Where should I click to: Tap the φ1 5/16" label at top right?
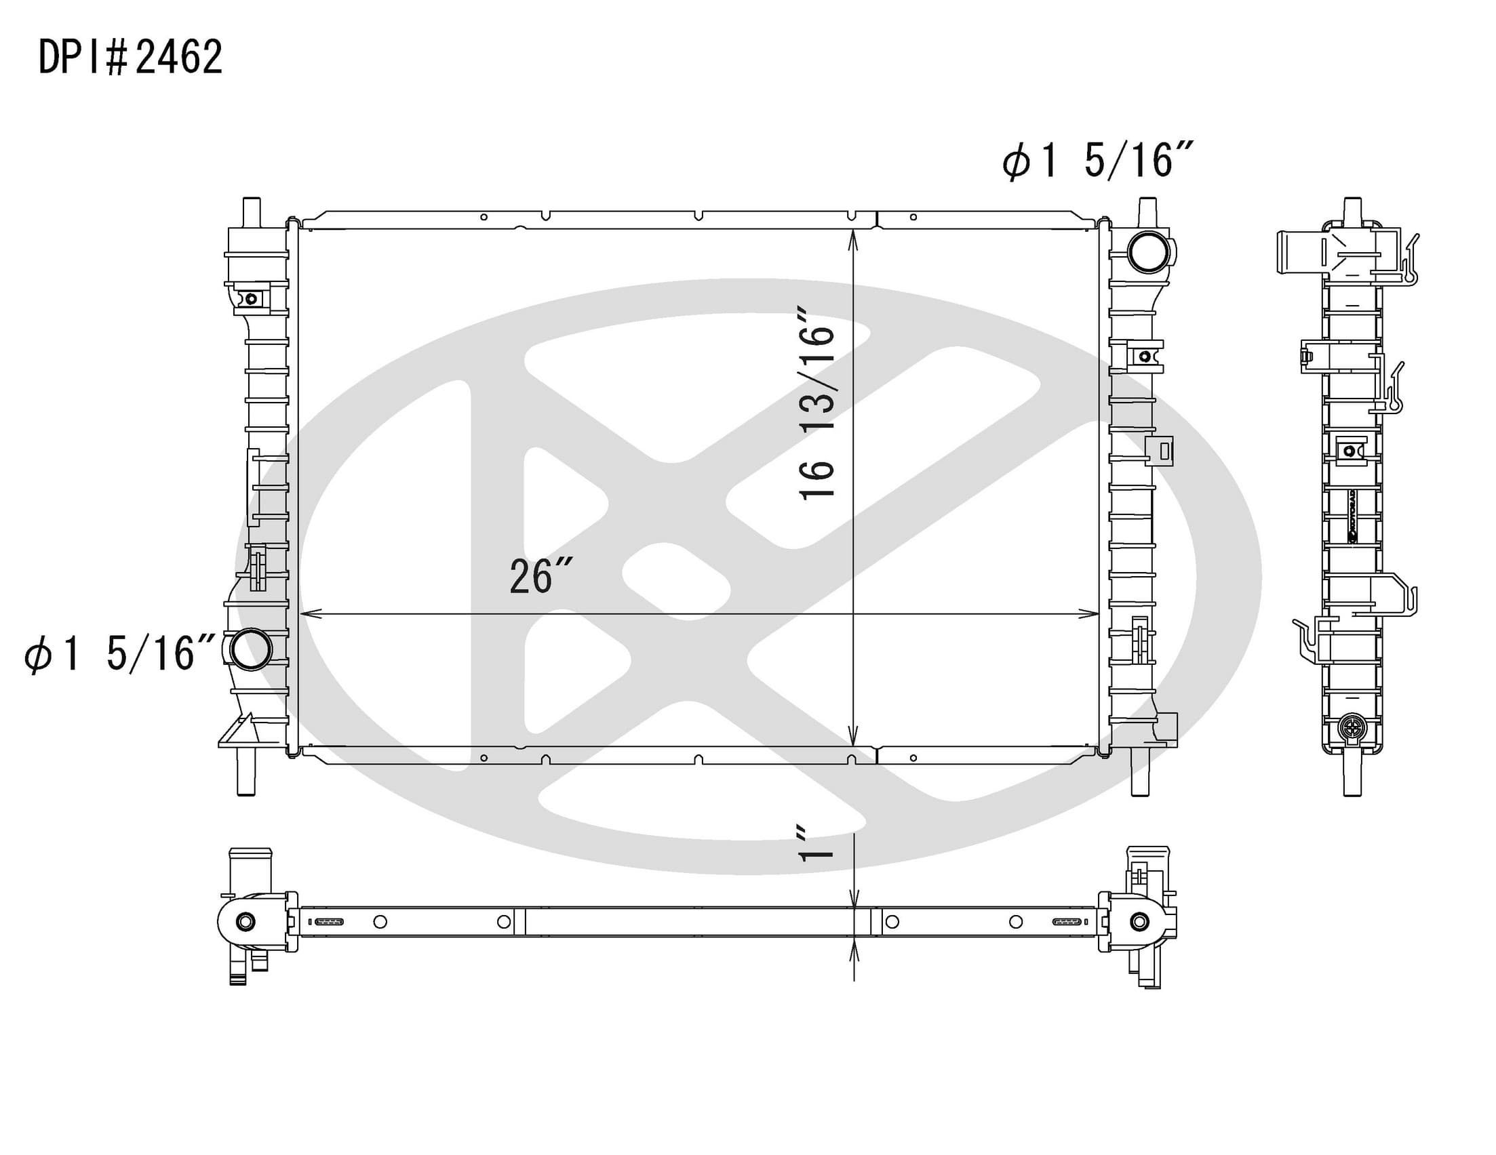[x=1099, y=161]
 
